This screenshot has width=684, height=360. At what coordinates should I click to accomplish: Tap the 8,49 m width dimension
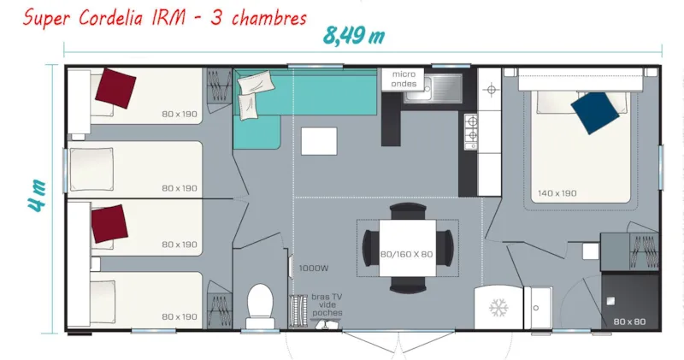[x=352, y=35]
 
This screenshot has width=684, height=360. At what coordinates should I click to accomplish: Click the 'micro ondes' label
[x=404, y=79]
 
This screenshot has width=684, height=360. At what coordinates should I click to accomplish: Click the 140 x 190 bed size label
[x=556, y=193]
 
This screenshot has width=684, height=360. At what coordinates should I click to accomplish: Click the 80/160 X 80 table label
[x=406, y=255]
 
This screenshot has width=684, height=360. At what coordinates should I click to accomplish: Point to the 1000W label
[x=310, y=268]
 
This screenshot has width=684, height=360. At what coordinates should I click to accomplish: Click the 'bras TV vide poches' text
[x=327, y=304]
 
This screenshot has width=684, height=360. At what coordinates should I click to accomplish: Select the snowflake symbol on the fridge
[x=498, y=307]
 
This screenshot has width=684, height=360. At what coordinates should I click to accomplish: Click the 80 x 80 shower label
[x=629, y=321]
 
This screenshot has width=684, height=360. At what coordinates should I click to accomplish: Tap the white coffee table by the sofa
[x=319, y=140]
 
